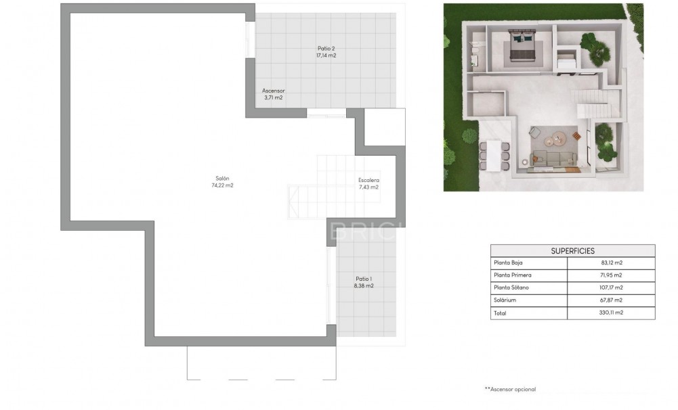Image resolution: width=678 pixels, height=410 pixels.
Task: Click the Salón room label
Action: pos(222,178)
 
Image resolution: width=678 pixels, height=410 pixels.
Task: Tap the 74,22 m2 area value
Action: pos(222,185)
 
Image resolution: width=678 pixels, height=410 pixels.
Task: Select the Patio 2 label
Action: pos(326,48)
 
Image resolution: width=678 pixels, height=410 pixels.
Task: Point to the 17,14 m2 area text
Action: pos(326,55)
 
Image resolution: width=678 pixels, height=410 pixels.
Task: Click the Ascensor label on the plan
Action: pos(274,91)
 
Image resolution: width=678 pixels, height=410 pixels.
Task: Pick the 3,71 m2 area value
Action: pos(274,98)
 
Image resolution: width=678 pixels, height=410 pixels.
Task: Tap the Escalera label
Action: pos(368,180)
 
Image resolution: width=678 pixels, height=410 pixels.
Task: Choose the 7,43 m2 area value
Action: pos(368,187)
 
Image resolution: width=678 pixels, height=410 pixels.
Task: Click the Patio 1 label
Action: pos(364,279)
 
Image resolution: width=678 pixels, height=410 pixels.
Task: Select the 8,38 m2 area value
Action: pos(364,286)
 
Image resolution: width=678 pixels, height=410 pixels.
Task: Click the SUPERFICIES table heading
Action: pos(572,250)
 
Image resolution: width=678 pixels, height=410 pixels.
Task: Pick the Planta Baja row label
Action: pos(509,263)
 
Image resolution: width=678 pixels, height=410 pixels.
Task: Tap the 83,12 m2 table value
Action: pos(612,263)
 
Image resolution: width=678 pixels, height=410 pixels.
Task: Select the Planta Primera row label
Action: pos(513,275)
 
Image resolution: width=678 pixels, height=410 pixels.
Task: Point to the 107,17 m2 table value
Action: pos(612,288)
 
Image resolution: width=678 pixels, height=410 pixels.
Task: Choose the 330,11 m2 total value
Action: pos(612,313)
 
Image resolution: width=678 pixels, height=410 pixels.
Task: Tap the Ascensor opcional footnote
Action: pos(510,389)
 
